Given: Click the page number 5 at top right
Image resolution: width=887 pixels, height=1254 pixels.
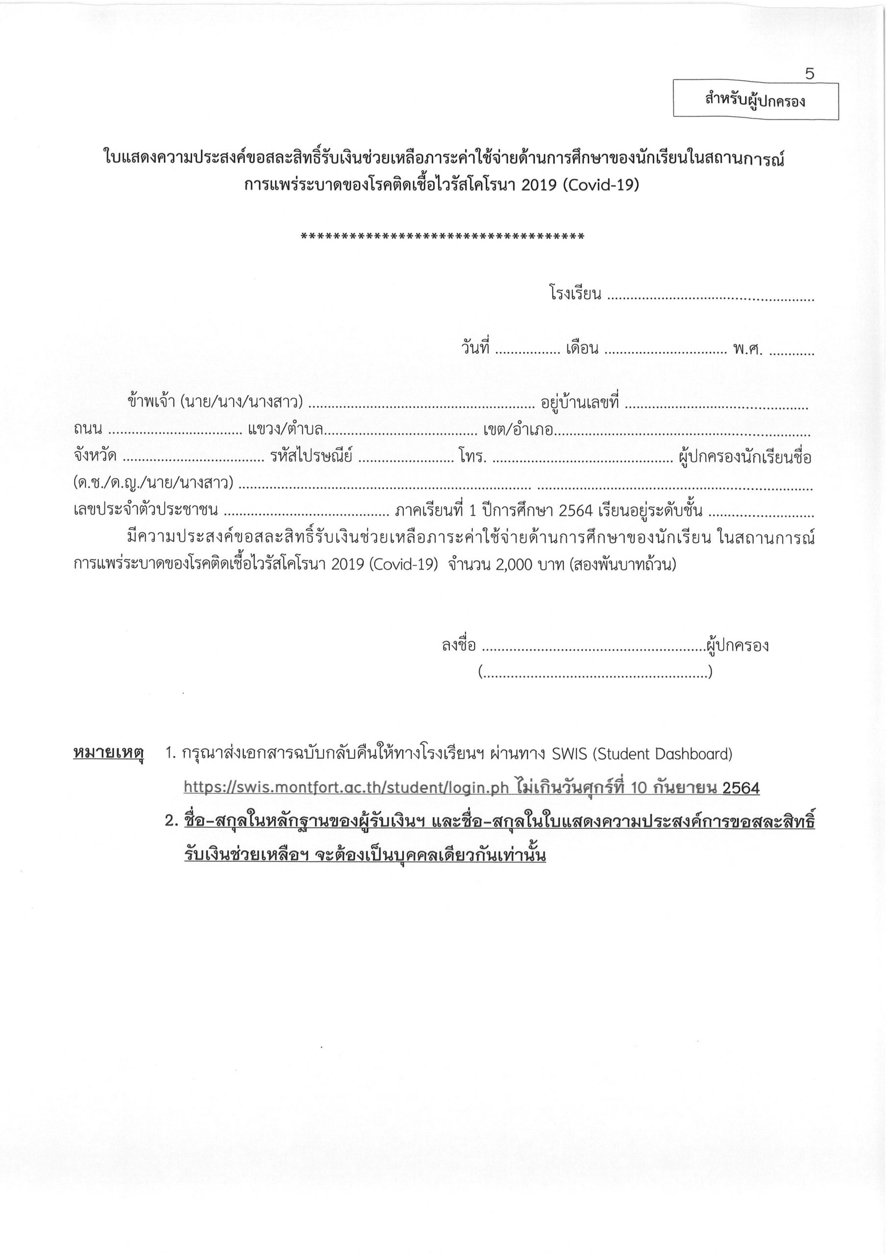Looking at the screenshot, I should pyautogui.click(x=810, y=74).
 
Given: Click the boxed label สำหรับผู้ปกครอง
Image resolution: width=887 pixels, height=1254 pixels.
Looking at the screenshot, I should pyautogui.click(x=755, y=100).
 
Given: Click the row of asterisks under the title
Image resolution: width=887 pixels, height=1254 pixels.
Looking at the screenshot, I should pyautogui.click(x=443, y=237).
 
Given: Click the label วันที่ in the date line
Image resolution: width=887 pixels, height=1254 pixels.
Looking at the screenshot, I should pyautogui.click(x=475, y=348).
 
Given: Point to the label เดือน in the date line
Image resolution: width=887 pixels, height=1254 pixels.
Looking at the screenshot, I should pyautogui.click(x=583, y=348).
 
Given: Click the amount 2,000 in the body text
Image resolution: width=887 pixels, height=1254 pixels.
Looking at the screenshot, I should pyautogui.click(x=514, y=564).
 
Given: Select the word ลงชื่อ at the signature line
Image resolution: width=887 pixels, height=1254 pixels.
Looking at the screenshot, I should pyautogui.click(x=459, y=646).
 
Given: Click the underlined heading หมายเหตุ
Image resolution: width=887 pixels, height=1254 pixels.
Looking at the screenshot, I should pyautogui.click(x=108, y=754).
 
